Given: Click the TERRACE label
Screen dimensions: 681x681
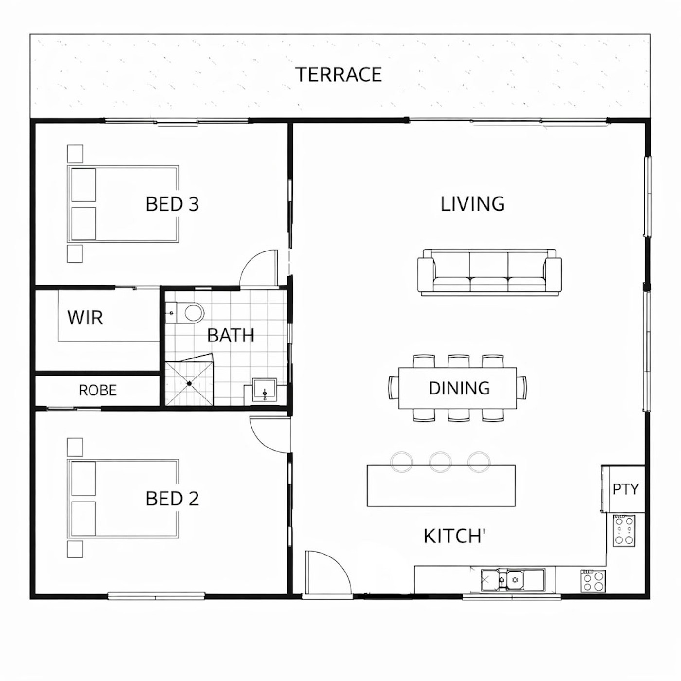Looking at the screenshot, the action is (x=338, y=74).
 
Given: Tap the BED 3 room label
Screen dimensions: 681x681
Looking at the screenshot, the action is (x=172, y=204).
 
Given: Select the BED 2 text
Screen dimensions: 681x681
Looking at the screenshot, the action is (x=172, y=498).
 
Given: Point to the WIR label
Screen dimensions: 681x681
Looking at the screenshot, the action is (x=85, y=318).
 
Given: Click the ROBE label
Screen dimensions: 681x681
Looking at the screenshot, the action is (x=98, y=390).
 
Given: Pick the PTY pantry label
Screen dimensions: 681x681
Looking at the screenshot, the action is (x=626, y=489).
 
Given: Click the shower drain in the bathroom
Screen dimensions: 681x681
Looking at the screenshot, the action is (x=189, y=383).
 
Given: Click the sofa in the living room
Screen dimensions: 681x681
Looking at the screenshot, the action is (x=489, y=272).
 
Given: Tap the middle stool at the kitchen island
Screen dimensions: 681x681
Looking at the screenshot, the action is (x=440, y=461).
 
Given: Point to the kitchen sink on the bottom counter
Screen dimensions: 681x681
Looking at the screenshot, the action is (x=512, y=579).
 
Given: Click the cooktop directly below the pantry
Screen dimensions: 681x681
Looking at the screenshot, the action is (x=624, y=531).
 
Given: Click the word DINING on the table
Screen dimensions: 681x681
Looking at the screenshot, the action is (x=459, y=388).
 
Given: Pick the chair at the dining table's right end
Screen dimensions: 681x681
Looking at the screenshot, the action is (x=521, y=388).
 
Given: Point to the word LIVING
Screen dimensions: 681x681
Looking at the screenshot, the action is (x=472, y=204).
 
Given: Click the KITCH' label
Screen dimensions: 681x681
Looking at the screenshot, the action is (x=454, y=536).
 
